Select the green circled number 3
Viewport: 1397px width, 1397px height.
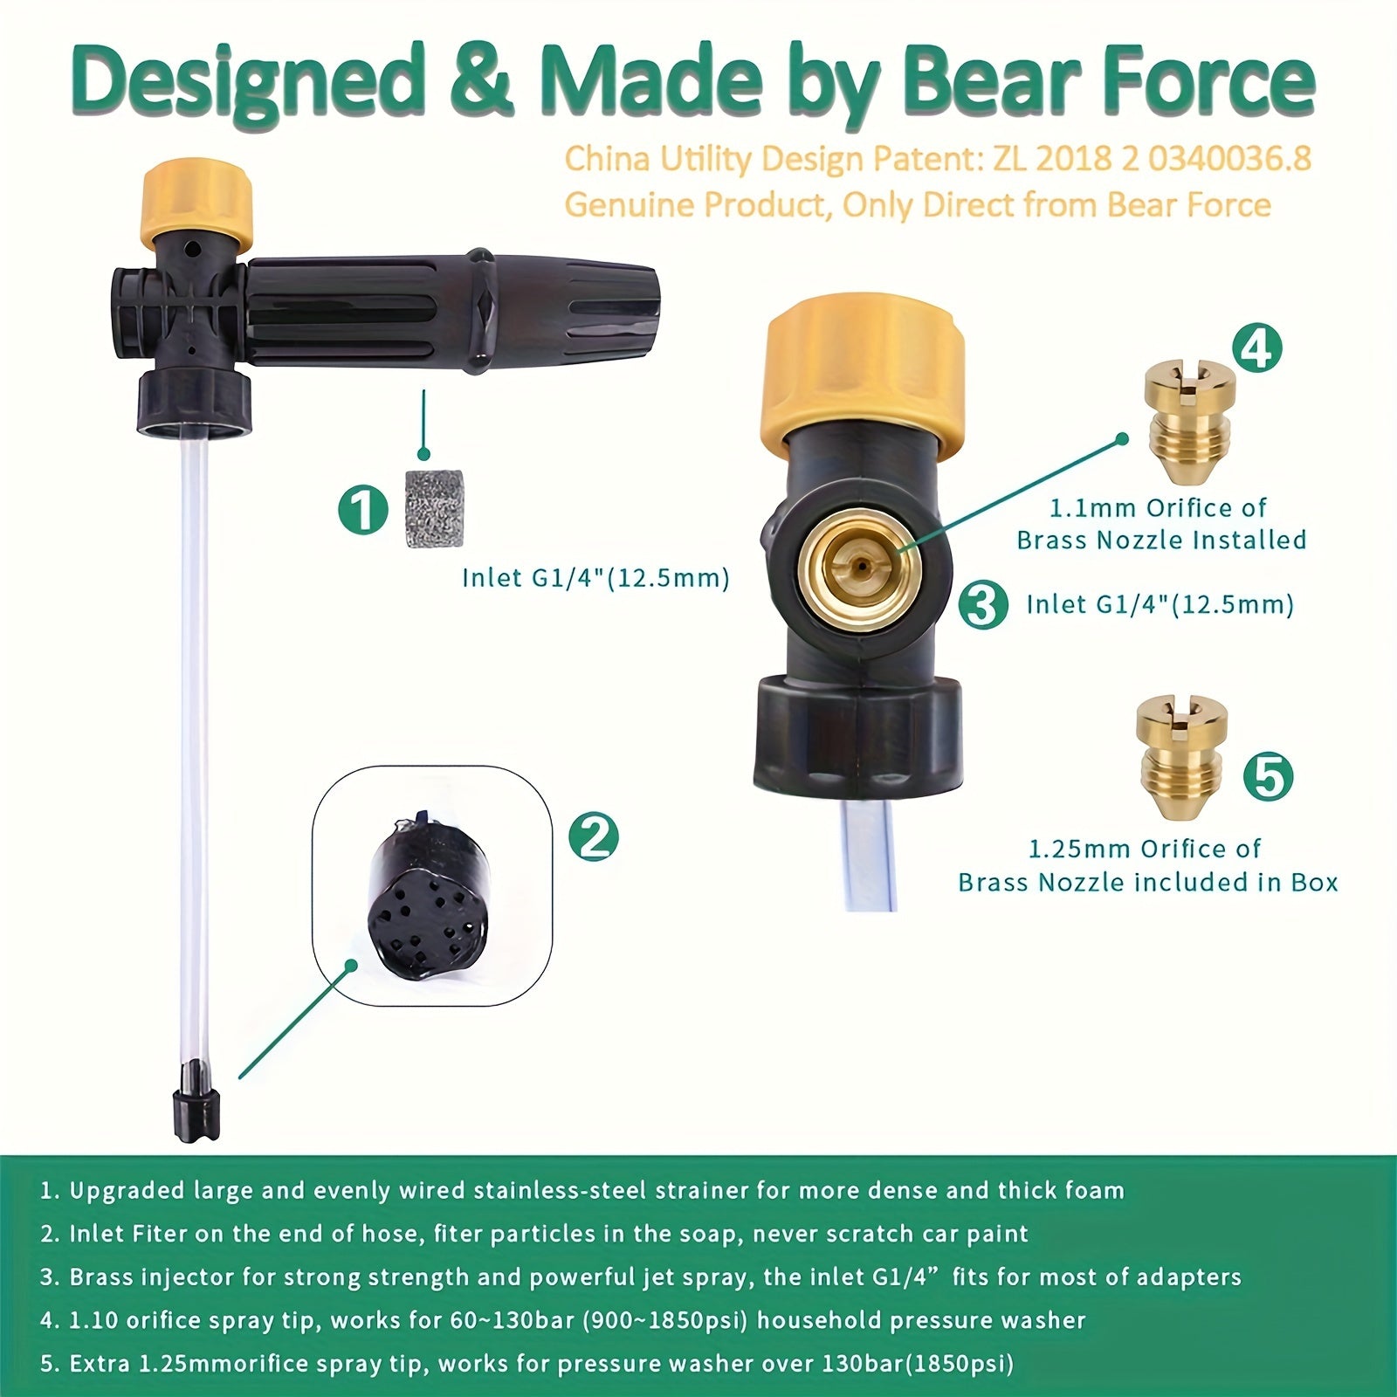pyautogui.click(x=983, y=604)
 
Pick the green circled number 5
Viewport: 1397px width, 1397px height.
pyautogui.click(x=1268, y=775)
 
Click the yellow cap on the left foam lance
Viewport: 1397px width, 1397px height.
pyautogui.click(x=197, y=201)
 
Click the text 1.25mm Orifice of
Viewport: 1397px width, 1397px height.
pyautogui.click(x=1145, y=849)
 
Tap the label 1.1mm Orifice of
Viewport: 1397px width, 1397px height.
pyautogui.click(x=1157, y=508)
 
